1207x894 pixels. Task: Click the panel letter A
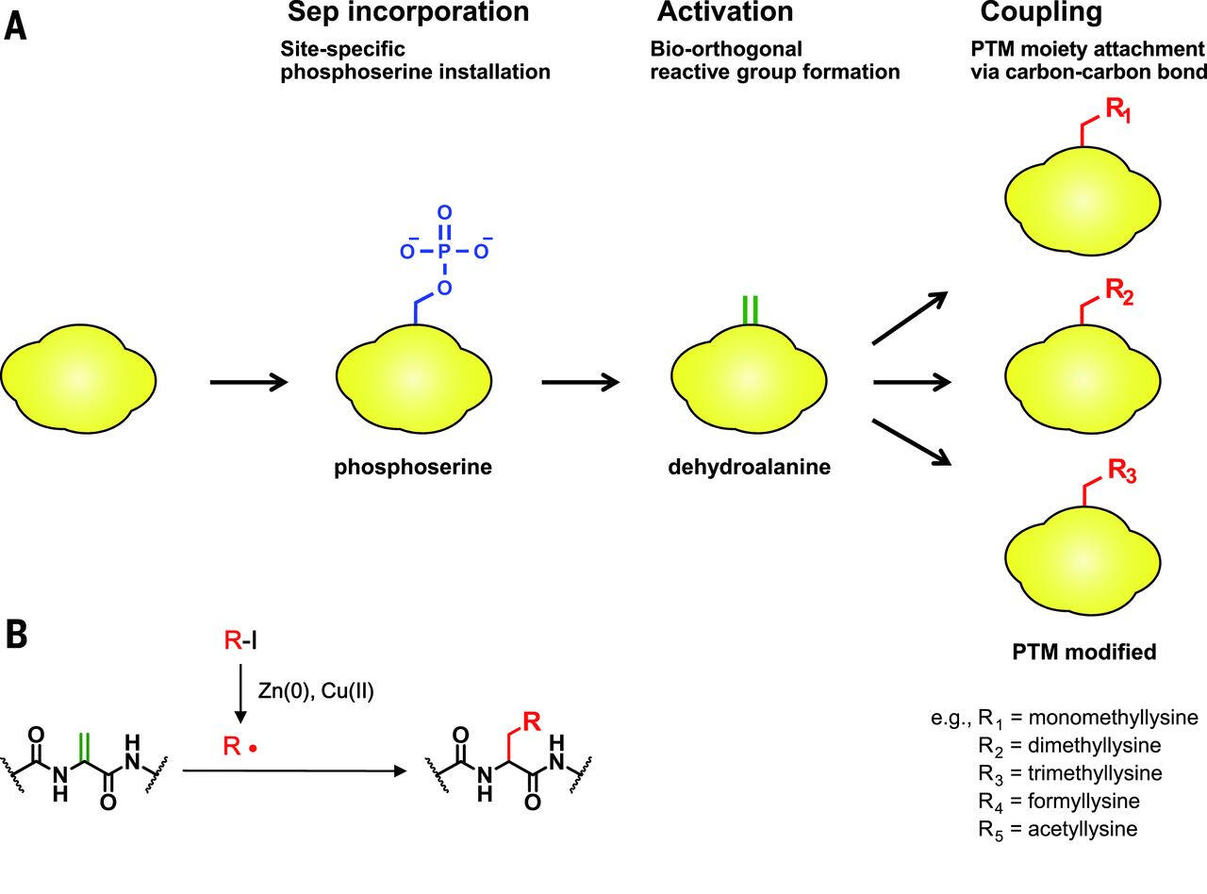click(x=16, y=25)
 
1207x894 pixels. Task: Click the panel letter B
click(x=16, y=635)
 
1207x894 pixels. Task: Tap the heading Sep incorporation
click(x=408, y=13)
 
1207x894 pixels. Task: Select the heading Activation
click(x=725, y=13)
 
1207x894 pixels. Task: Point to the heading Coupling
click(x=1041, y=13)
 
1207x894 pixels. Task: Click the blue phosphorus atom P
click(x=444, y=251)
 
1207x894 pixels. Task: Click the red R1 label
click(x=1119, y=110)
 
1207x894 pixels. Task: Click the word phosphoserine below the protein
click(x=413, y=467)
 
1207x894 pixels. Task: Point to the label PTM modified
click(x=1083, y=652)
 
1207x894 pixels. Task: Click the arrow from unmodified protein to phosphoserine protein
click(x=248, y=382)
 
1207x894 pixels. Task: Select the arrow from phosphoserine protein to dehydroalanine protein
click(x=580, y=382)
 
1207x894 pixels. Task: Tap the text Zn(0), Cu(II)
click(x=315, y=691)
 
